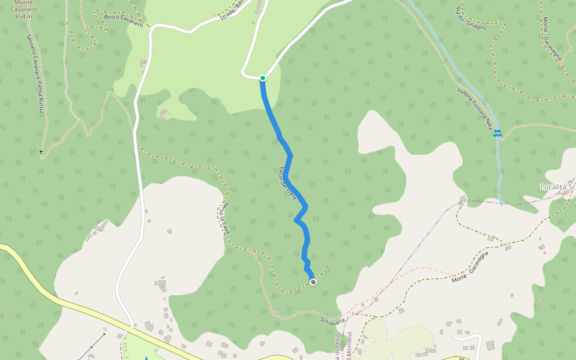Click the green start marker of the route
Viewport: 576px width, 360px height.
pyautogui.click(x=263, y=78)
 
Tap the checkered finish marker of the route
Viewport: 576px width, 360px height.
pyautogui.click(x=313, y=282)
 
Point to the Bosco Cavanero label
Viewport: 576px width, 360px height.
pyautogui.click(x=124, y=21)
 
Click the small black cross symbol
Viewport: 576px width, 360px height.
pyautogui.click(x=41, y=152)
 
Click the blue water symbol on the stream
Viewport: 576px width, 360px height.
pyautogui.click(x=497, y=134)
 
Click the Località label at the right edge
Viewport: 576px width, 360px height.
pyautogui.click(x=557, y=187)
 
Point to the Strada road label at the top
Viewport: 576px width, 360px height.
pyautogui.click(x=230, y=11)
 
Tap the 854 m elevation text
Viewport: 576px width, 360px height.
pyautogui.click(x=25, y=17)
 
